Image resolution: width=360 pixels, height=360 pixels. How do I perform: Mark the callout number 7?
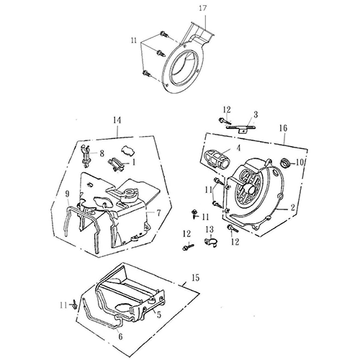click(158, 214)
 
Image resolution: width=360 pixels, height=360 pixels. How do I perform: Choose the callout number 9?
click(67, 194)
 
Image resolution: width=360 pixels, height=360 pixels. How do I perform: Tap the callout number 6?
click(120, 336)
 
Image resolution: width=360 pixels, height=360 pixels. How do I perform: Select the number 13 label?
click(210, 229)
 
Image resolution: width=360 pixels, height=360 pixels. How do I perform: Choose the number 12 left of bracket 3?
click(226, 109)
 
